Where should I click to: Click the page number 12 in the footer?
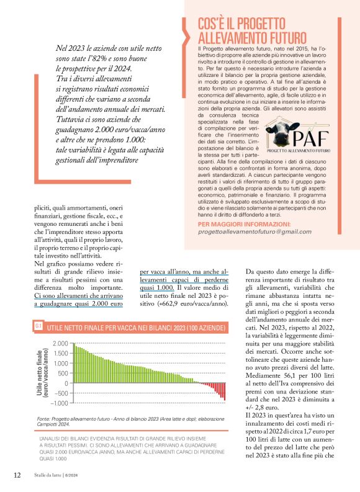[17, 475]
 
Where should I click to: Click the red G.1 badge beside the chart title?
[38, 326]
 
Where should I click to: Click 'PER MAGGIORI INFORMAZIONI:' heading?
[243, 223]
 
